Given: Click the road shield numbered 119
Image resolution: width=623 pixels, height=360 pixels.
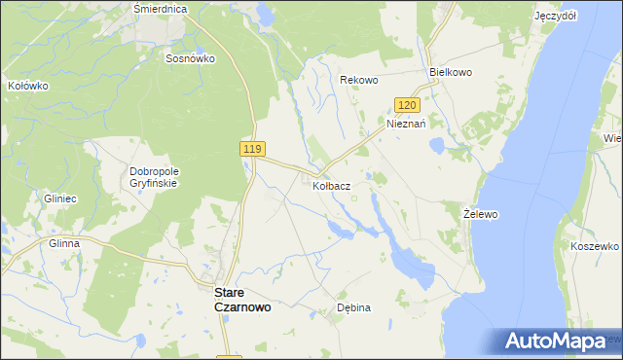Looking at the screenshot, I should (251, 148).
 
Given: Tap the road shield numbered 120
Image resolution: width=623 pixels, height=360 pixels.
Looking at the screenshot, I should (408, 105).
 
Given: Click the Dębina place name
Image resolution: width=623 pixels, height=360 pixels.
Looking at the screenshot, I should (353, 306).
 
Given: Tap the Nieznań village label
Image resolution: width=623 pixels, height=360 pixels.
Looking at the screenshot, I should (407, 124).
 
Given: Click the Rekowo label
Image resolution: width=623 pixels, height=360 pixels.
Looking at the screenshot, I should (358, 80).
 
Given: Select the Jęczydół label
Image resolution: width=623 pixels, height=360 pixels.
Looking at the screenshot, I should (556, 17).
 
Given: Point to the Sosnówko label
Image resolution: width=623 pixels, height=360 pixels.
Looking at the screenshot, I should (190, 57).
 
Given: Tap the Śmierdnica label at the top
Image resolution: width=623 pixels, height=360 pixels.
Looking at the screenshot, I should (160, 8).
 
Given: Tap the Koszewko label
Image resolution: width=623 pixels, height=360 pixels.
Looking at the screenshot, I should (596, 247).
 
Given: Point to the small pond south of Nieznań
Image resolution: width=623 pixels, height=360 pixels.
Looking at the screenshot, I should (437, 146).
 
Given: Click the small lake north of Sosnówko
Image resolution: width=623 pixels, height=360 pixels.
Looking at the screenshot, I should (265, 15).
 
